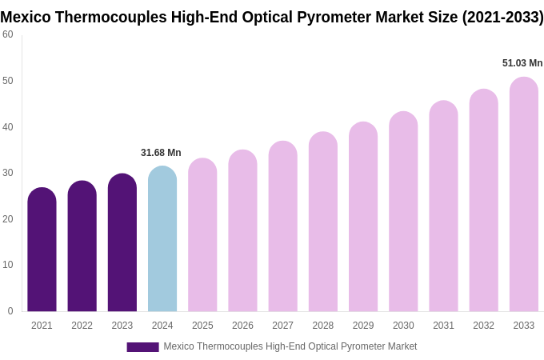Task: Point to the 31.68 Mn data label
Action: pyautogui.click(x=161, y=153)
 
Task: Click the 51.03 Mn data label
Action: pyautogui.click(x=522, y=63)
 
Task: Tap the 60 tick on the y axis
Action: pyautogui.click(x=8, y=34)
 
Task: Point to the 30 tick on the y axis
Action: pyautogui.click(x=8, y=173)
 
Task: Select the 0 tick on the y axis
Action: pyautogui.click(x=10, y=311)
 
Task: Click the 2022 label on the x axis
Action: pyautogui.click(x=82, y=326)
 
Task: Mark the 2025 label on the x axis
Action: pyautogui.click(x=202, y=326)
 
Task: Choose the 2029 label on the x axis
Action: pyautogui.click(x=363, y=326)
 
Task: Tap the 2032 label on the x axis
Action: pyautogui.click(x=483, y=326)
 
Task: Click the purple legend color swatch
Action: pyautogui.click(x=142, y=347)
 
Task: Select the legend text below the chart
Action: pyautogui.click(x=290, y=346)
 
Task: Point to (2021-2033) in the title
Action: pyautogui.click(x=502, y=17)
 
